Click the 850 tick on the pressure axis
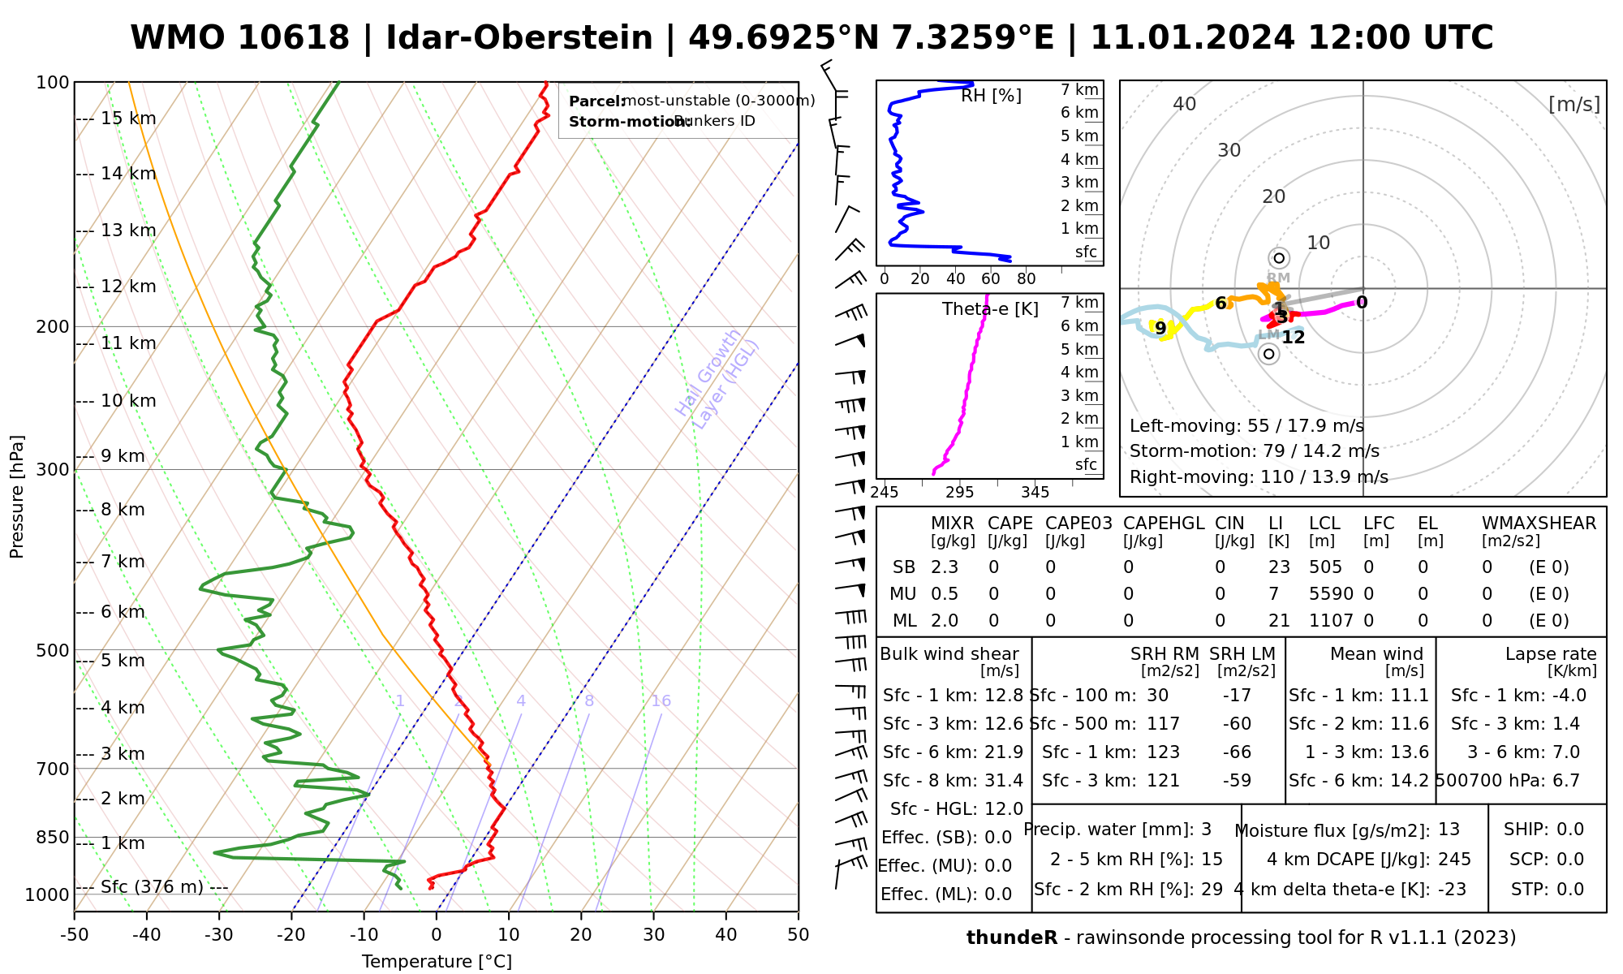click(53, 837)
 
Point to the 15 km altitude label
click(128, 119)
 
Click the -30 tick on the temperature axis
click(219, 935)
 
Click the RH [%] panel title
click(991, 96)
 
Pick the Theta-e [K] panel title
click(990, 309)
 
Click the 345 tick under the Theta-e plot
click(1035, 493)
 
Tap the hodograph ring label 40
click(1185, 104)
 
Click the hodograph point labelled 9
click(1160, 328)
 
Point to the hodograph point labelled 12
click(1293, 337)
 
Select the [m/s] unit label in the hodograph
click(1573, 104)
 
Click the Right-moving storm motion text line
click(1259, 477)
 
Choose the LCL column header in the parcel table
click(1324, 524)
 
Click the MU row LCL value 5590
click(1331, 594)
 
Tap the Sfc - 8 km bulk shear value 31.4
click(1004, 781)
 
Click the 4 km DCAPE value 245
click(1454, 860)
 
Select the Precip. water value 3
click(1206, 830)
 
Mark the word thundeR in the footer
click(1012, 938)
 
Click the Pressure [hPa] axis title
click(17, 497)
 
